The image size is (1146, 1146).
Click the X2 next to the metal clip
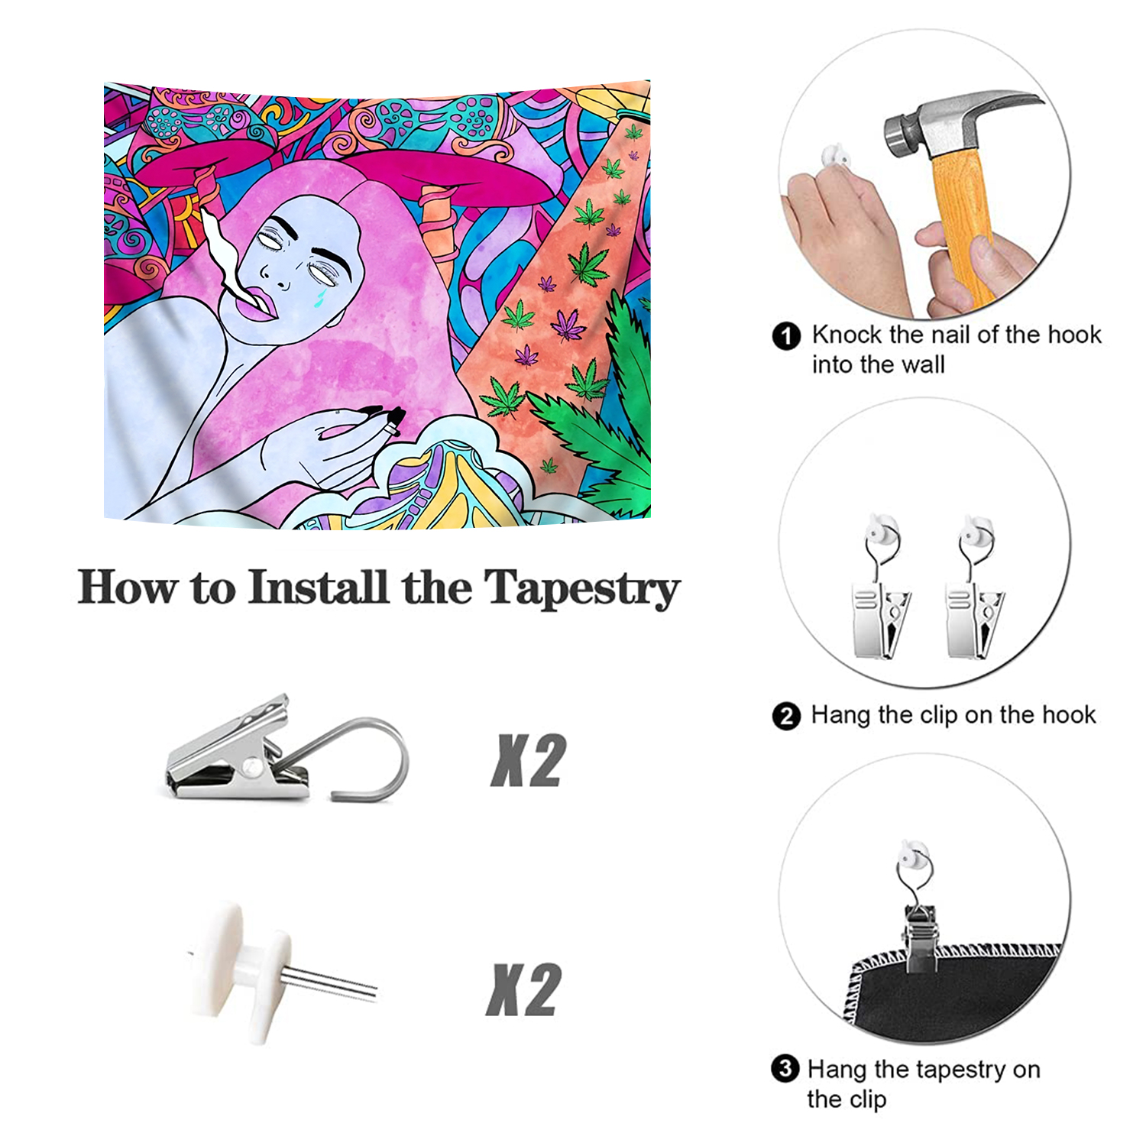(528, 761)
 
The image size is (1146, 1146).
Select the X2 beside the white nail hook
(524, 989)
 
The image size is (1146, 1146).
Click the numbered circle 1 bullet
(786, 335)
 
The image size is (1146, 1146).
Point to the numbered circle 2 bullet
(786, 717)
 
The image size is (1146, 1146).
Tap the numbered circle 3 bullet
(785, 1069)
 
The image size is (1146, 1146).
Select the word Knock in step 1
(847, 335)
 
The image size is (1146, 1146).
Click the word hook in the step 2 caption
(1070, 715)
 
